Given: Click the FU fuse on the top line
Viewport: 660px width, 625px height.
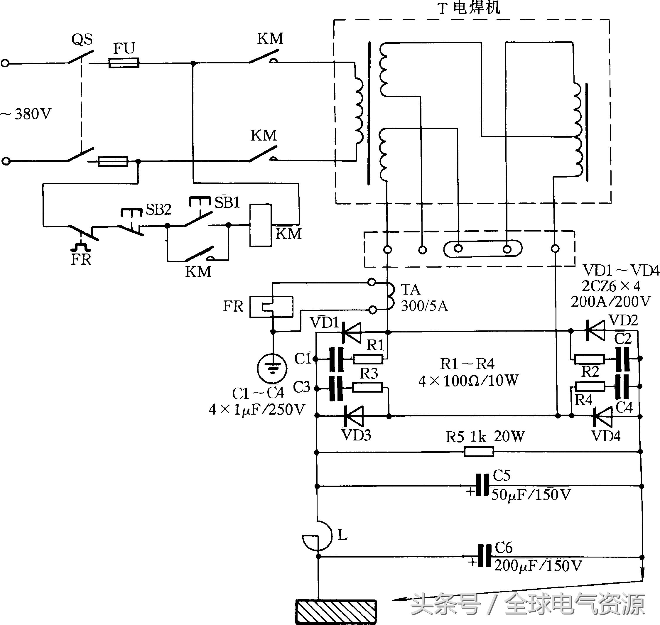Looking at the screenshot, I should (x=124, y=62).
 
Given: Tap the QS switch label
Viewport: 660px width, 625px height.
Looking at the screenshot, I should (x=82, y=40).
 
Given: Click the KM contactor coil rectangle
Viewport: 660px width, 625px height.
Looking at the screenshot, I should (x=261, y=225).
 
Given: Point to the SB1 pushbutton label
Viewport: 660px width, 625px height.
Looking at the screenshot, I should (x=227, y=202).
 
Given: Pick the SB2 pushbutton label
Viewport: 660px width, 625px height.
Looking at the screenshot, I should (x=158, y=210).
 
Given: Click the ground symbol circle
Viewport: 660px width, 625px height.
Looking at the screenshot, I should (x=272, y=369).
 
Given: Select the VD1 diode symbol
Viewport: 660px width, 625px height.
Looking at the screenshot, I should (x=352, y=332).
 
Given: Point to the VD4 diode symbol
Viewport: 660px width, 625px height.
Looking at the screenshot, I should (x=602, y=416).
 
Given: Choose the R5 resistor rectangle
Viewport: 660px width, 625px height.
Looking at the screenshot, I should (x=479, y=452).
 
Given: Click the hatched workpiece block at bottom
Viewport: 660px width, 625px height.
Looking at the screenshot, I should (x=336, y=612).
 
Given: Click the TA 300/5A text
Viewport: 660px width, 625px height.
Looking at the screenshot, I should (x=423, y=298).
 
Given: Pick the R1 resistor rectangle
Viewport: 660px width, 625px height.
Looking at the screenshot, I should (x=367, y=359).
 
